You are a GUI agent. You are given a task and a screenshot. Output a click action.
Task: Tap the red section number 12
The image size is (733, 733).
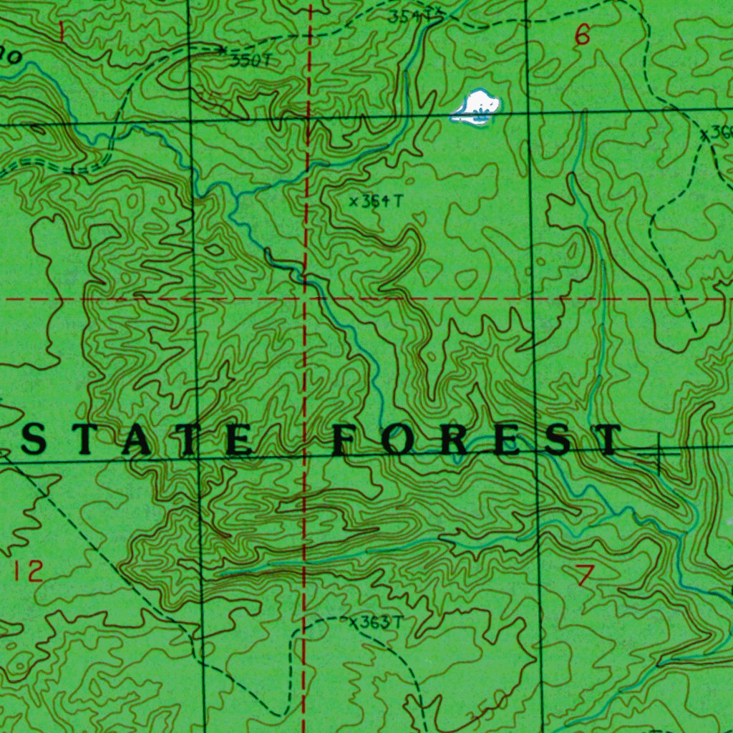point(27,571)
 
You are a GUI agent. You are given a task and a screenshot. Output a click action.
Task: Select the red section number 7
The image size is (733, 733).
point(585,574)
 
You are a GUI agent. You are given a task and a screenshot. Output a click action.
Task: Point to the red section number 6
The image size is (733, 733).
point(583,34)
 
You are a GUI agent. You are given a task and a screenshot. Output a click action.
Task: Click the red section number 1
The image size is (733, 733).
point(62,31)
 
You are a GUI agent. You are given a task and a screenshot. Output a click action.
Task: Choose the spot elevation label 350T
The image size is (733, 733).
point(251,61)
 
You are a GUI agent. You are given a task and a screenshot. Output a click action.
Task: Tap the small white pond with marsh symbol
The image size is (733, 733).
point(476,106)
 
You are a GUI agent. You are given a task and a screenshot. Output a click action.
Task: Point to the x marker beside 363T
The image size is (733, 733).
point(352,623)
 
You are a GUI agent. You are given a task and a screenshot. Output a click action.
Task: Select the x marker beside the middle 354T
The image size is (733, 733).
point(353,202)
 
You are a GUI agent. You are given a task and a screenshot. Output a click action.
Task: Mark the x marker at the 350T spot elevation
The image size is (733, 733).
point(223,49)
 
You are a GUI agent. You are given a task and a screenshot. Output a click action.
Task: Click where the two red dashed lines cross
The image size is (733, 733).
point(307,297)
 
